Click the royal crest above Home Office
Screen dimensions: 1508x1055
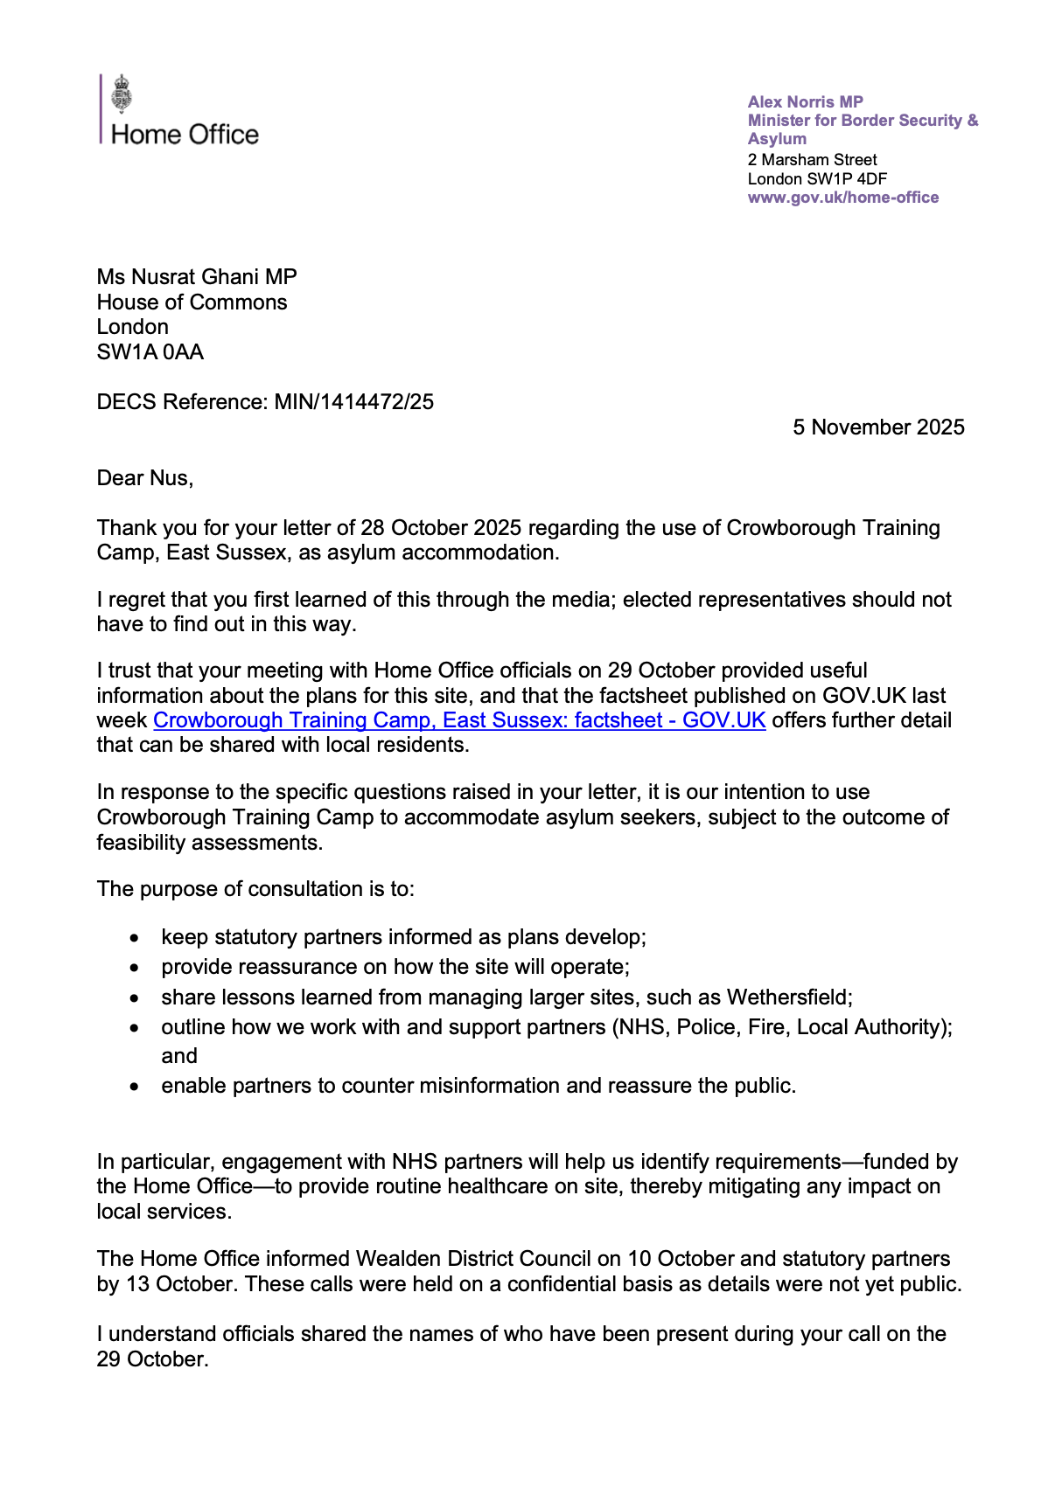(x=122, y=94)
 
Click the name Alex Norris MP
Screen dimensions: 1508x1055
(x=805, y=101)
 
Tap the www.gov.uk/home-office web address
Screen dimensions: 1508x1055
(x=842, y=198)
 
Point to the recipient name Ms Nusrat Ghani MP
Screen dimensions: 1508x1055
(x=197, y=277)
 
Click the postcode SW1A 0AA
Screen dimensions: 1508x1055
(x=150, y=352)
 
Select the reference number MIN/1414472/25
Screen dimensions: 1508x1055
(x=354, y=402)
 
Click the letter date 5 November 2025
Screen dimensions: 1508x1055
(x=878, y=427)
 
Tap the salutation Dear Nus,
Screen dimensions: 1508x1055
(x=145, y=478)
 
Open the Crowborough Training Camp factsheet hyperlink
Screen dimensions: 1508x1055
(x=459, y=720)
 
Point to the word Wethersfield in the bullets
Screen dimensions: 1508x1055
(x=788, y=997)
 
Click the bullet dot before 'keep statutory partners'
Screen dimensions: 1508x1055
(x=134, y=938)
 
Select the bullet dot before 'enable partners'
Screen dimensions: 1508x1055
(x=134, y=1087)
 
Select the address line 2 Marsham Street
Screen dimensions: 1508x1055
(x=812, y=160)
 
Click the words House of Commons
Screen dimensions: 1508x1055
(x=192, y=302)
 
